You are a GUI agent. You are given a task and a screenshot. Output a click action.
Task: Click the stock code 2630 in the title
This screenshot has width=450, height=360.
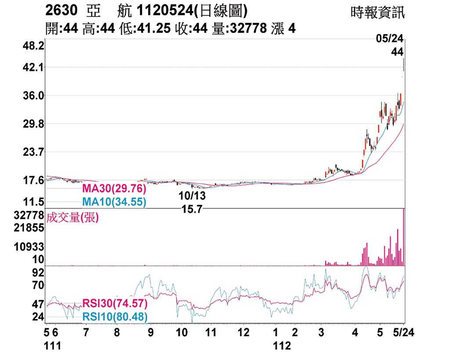click(x=62, y=11)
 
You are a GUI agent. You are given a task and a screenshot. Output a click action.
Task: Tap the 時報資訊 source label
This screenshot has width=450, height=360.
click(x=377, y=12)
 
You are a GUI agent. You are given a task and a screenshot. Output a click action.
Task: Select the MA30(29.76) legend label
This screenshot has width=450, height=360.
click(x=114, y=189)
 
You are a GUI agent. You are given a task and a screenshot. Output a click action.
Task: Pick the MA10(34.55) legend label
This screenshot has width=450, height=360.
click(x=114, y=202)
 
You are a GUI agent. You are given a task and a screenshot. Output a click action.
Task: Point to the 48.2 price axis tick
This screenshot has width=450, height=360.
click(x=33, y=46)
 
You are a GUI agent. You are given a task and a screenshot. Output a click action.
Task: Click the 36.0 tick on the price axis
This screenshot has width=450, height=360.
click(x=33, y=96)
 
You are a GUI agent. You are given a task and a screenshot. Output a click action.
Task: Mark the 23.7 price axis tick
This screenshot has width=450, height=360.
click(x=33, y=152)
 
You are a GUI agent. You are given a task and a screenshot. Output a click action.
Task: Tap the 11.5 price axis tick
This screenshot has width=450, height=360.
click(x=33, y=202)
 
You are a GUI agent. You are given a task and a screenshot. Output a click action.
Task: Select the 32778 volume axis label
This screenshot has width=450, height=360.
click(x=29, y=215)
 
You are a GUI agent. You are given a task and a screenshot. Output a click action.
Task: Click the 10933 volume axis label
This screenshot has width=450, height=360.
click(x=29, y=247)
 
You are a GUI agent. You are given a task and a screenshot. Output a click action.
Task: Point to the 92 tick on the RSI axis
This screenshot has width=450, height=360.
click(x=38, y=273)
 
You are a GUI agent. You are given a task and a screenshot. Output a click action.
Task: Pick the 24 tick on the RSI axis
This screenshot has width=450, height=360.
click(x=38, y=317)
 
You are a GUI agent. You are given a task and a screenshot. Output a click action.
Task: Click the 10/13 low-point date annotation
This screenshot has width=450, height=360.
click(x=192, y=195)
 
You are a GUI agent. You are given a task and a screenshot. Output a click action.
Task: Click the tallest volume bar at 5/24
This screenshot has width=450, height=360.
click(x=403, y=237)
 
